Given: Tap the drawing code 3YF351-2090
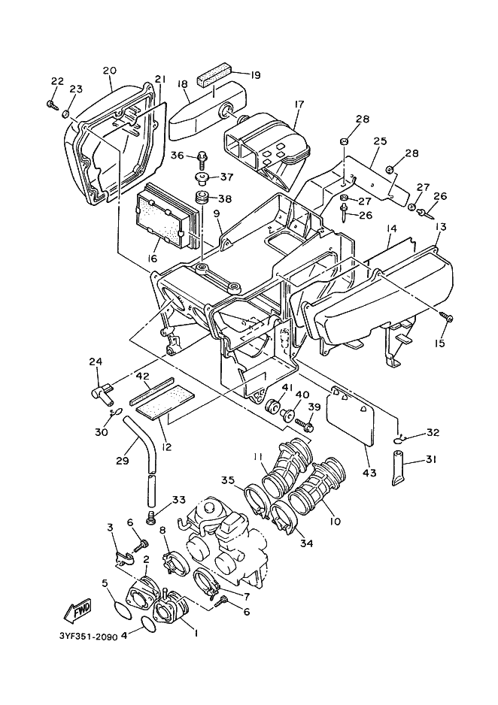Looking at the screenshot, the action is (x=87, y=637).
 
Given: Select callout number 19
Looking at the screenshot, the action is (x=255, y=75).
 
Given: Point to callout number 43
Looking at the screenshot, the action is (x=371, y=473).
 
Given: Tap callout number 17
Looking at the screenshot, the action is (x=299, y=104).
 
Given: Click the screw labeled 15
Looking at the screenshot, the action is (x=448, y=318).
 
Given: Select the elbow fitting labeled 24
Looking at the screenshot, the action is (x=102, y=390).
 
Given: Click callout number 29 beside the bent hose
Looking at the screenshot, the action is (x=123, y=461).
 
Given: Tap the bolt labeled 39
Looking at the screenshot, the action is (x=305, y=423).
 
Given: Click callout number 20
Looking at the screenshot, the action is (x=110, y=71).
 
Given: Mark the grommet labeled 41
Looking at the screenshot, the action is (x=272, y=404).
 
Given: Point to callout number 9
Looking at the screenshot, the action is (x=217, y=214).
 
